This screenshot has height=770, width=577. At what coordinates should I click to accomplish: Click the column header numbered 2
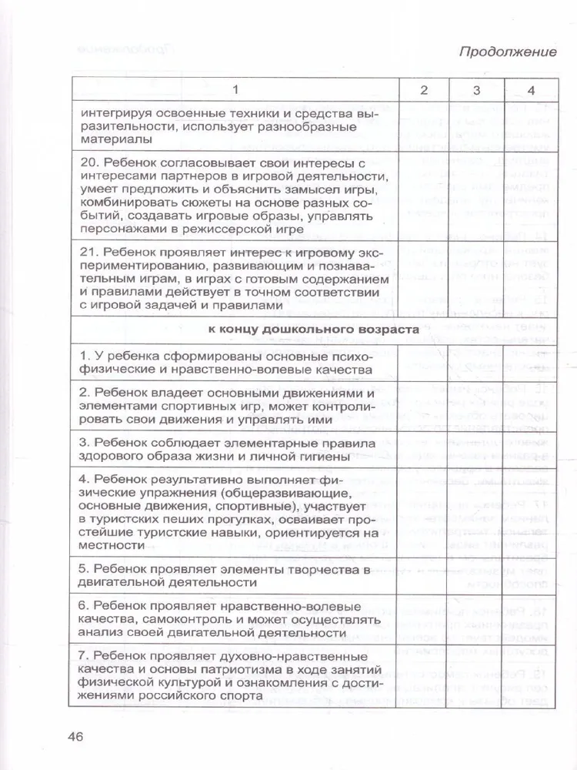[x=424, y=91]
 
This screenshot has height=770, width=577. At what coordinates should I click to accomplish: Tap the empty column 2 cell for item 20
[x=424, y=195]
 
